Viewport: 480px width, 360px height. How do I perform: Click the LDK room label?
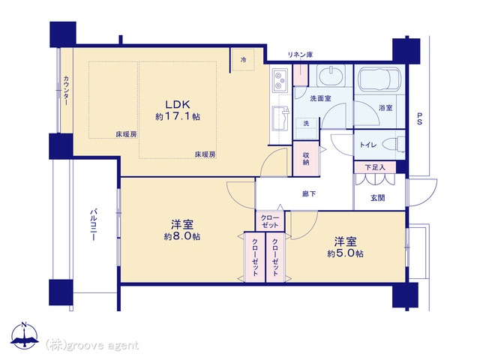click(178, 104)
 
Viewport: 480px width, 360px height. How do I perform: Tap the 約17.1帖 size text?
click(178, 116)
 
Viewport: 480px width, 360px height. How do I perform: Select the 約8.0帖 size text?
click(182, 237)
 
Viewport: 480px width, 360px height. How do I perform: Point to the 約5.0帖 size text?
click(345, 253)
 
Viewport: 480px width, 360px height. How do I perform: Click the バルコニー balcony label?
click(94, 225)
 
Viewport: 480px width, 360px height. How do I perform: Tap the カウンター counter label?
click(66, 91)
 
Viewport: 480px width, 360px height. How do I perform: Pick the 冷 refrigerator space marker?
click(243, 60)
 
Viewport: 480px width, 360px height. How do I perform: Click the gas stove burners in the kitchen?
click(280, 80)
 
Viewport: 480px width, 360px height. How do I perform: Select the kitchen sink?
click(280, 118)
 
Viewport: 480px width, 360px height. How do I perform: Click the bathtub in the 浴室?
click(379, 79)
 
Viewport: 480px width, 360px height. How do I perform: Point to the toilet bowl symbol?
click(396, 144)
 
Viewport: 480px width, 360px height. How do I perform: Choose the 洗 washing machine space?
click(306, 123)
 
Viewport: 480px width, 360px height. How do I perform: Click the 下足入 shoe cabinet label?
click(375, 167)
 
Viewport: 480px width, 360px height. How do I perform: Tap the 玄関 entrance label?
click(378, 198)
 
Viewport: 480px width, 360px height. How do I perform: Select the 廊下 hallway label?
click(309, 193)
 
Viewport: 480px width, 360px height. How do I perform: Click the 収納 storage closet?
click(306, 158)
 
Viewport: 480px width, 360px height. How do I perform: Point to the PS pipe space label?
click(419, 118)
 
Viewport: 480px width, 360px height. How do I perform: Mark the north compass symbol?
click(25, 336)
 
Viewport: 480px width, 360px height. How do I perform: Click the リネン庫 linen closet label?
click(300, 55)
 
